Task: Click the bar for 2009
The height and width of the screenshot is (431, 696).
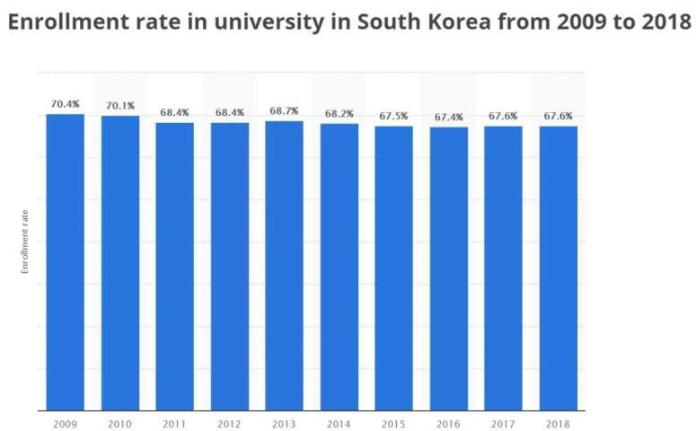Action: click(x=66, y=260)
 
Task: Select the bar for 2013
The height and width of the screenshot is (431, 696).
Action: click(x=284, y=265)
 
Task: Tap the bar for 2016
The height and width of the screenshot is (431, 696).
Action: click(x=448, y=268)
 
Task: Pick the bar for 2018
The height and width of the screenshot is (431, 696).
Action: click(x=558, y=268)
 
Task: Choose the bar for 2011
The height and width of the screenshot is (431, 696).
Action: click(x=174, y=265)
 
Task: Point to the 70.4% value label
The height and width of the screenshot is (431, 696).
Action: click(x=66, y=104)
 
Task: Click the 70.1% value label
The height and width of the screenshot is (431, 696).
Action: click(x=120, y=106)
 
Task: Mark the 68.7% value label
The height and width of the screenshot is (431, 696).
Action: click(x=284, y=110)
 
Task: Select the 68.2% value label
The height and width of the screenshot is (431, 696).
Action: click(x=339, y=113)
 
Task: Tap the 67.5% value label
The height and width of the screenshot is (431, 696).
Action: click(x=393, y=116)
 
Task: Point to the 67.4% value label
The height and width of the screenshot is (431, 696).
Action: click(x=448, y=117)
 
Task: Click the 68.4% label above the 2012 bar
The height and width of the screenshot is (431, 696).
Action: click(x=229, y=112)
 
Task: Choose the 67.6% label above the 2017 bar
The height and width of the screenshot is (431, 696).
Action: click(x=503, y=116)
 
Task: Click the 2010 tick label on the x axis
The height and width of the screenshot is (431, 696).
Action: click(x=120, y=421)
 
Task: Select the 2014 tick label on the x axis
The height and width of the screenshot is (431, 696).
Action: click(x=339, y=421)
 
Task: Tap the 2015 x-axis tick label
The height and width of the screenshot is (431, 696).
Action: click(x=393, y=421)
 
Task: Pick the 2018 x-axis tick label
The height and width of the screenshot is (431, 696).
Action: click(x=558, y=421)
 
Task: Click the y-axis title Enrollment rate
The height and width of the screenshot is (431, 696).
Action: click(x=26, y=241)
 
